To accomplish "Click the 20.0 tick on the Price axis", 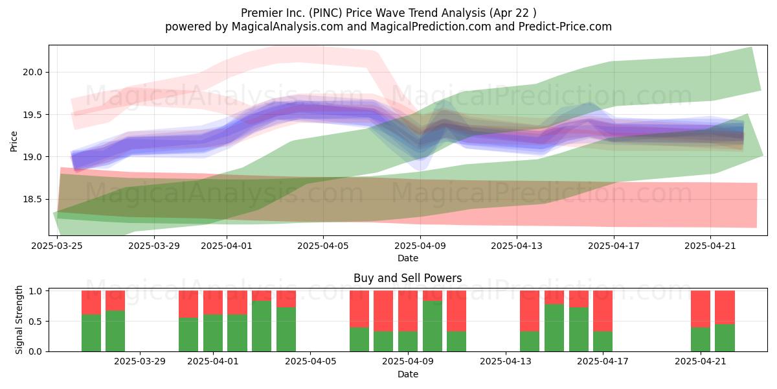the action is pyautogui.click(x=32, y=72).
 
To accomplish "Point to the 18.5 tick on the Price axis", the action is pyautogui.click(x=32, y=200).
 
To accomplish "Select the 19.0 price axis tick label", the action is pyautogui.click(x=32, y=157).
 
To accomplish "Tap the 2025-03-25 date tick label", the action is pyautogui.click(x=57, y=246).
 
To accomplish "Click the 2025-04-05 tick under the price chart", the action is pyautogui.click(x=323, y=246).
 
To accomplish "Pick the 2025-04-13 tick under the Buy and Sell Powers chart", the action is pyautogui.click(x=506, y=361).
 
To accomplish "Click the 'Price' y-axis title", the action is pyautogui.click(x=14, y=141).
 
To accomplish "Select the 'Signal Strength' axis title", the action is pyautogui.click(x=19, y=320).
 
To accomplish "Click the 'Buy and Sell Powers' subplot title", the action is pyautogui.click(x=407, y=278).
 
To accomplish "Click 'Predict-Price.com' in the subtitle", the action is pyautogui.click(x=565, y=27).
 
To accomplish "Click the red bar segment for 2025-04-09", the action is pyautogui.click(x=408, y=311).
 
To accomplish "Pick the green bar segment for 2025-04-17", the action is pyautogui.click(x=603, y=342).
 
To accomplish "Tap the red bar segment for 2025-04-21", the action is pyautogui.click(x=701, y=309).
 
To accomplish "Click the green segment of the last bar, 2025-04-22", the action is pyautogui.click(x=725, y=338).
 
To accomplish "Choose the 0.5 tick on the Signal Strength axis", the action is pyautogui.click(x=36, y=322).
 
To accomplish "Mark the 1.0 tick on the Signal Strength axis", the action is pyautogui.click(x=36, y=291).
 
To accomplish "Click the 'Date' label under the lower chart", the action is pyautogui.click(x=407, y=374).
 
